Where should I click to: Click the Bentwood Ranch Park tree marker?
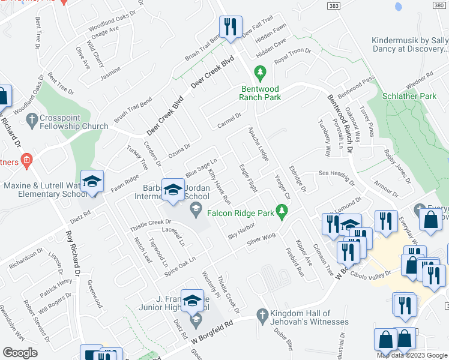(x=260, y=74)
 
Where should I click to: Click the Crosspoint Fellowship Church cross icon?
(x=32, y=121)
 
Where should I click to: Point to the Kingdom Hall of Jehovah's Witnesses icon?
(x=262, y=314)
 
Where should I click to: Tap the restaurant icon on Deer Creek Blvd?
(x=228, y=28)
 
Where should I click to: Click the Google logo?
(x=20, y=353)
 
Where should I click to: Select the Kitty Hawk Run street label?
(x=219, y=186)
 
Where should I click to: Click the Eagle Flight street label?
(x=247, y=179)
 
